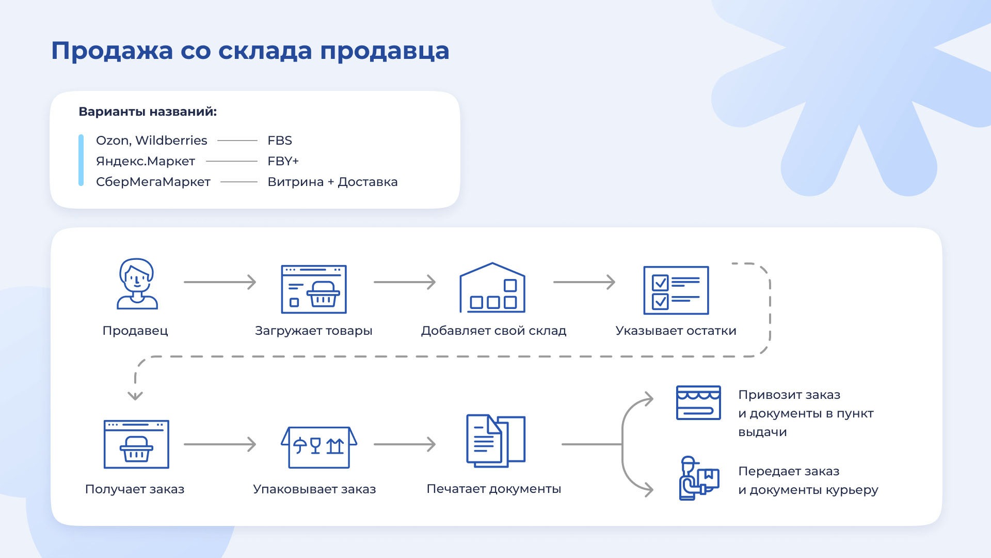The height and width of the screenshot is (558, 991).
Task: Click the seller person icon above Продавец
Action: point(137,284)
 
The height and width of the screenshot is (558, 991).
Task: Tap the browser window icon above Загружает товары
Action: point(313,289)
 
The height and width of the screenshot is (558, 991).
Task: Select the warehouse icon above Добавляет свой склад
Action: point(492,288)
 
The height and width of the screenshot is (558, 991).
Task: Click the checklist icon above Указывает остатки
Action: point(676,290)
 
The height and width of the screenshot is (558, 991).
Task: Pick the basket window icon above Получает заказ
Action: point(136,444)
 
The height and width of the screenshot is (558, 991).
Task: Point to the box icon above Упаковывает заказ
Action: point(318,447)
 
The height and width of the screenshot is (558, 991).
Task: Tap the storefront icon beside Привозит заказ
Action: point(698,402)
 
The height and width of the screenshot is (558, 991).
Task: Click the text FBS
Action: point(280,141)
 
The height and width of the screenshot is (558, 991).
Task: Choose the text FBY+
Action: point(283,161)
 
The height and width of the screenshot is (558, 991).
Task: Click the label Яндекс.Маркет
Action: point(146,161)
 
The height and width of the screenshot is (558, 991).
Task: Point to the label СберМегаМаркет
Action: point(153,182)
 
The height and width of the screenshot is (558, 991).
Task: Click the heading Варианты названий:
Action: point(148,112)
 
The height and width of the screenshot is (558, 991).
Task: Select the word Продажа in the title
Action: point(112,51)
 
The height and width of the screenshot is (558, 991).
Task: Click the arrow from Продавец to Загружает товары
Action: point(220,282)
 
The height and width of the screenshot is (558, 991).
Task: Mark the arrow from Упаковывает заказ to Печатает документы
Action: point(405,444)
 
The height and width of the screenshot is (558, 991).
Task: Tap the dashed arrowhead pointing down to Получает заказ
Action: point(135,396)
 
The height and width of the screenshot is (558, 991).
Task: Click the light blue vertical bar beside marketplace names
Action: point(81,160)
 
